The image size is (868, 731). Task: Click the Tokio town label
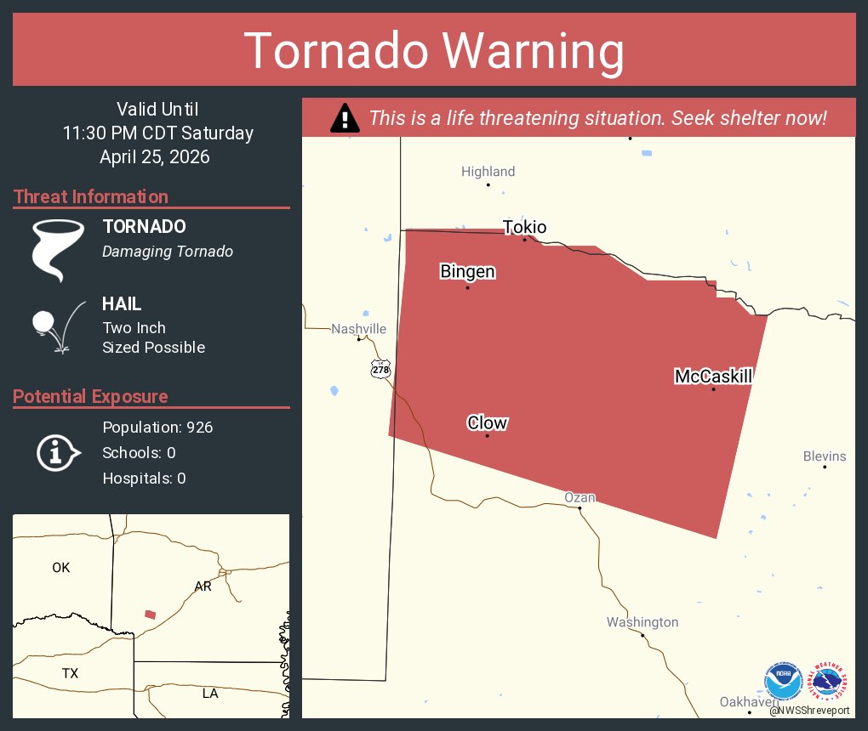pyautogui.click(x=524, y=227)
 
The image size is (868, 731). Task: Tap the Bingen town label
pyautogui.click(x=467, y=272)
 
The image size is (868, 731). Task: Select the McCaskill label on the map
pyautogui.click(x=713, y=376)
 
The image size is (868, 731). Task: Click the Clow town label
pyautogui.click(x=487, y=422)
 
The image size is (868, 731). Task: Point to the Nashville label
pyautogui.click(x=358, y=329)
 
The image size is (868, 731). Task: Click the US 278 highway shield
pyautogui.click(x=380, y=369)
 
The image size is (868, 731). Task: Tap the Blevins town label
pyautogui.click(x=824, y=456)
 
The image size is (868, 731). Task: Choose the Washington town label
pyautogui.click(x=642, y=622)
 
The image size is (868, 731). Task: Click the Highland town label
pyautogui.click(x=488, y=172)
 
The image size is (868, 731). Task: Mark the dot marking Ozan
pyautogui.click(x=580, y=508)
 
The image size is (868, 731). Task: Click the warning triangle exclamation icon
pyautogui.click(x=344, y=118)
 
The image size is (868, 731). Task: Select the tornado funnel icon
pyautogui.click(x=58, y=250)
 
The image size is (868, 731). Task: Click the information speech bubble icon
pyautogui.click(x=58, y=452)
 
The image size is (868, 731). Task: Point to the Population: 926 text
pyautogui.click(x=157, y=427)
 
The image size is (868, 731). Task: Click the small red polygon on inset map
pyautogui.click(x=151, y=614)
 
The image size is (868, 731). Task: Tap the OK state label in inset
pyautogui.click(x=60, y=567)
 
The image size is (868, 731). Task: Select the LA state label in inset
pyautogui.click(x=210, y=693)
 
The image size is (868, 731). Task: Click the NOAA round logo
pyautogui.click(x=783, y=683)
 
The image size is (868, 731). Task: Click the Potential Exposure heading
pyautogui.click(x=90, y=396)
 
